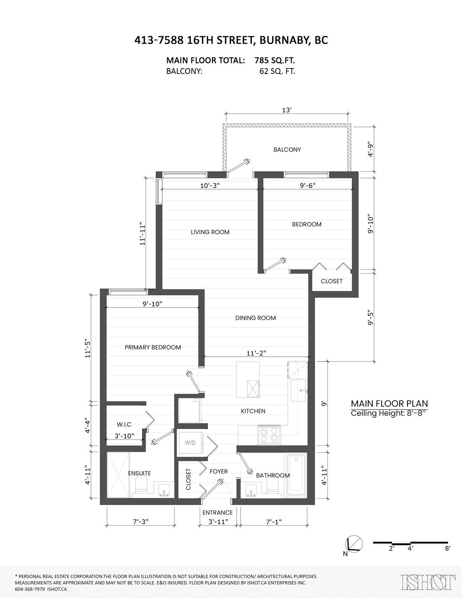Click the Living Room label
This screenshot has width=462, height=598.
tap(210, 232)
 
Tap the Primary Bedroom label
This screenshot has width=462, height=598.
tap(153, 347)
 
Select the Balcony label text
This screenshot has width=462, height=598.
tap(287, 149)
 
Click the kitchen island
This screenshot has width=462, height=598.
tap(248, 379)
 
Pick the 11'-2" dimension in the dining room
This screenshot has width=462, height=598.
tap(256, 353)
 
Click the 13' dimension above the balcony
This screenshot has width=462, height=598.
tap(286, 110)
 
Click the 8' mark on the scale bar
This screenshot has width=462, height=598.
tap(448, 548)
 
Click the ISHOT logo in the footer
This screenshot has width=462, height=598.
tap(428, 582)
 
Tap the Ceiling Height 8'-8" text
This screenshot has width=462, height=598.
tap(389, 413)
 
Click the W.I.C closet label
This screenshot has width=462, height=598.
tap(124, 424)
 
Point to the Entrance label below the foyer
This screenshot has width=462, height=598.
tap(218, 512)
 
